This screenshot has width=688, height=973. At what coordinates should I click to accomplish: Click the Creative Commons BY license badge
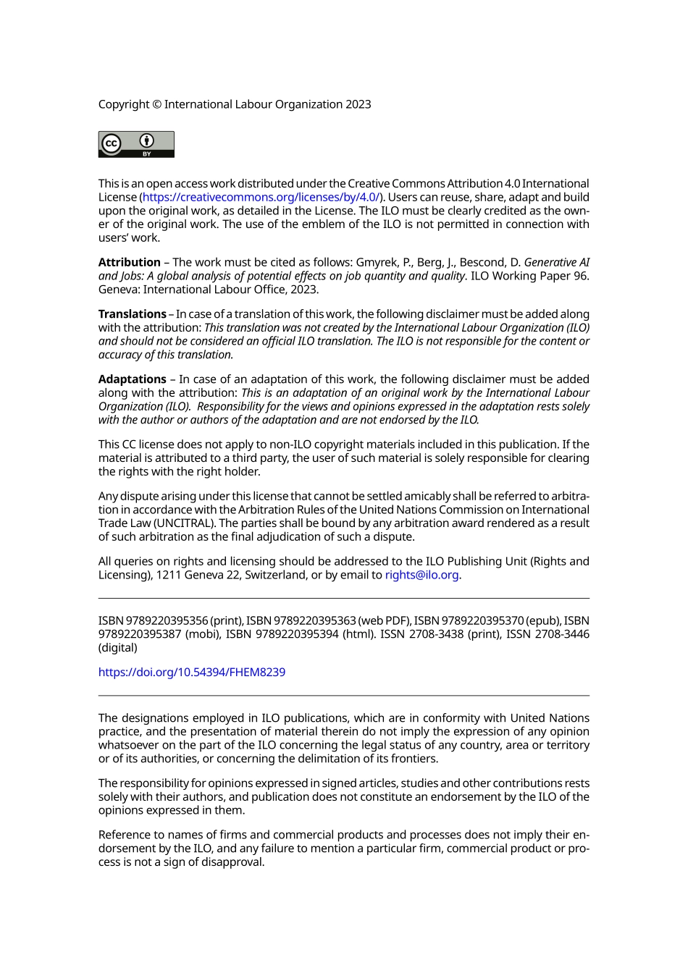[136, 144]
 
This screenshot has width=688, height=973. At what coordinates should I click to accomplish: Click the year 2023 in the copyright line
[358, 104]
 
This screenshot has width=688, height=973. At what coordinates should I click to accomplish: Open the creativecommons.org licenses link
[261, 197]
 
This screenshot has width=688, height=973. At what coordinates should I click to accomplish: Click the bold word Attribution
[129, 262]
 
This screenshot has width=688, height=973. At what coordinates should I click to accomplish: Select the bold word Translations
[132, 314]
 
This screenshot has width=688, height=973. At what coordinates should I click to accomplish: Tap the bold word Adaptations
[132, 379]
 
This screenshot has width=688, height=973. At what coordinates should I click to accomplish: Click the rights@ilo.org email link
[421, 575]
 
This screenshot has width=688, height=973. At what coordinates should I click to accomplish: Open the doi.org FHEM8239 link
[192, 672]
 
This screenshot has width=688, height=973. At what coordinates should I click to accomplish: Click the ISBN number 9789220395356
[167, 621]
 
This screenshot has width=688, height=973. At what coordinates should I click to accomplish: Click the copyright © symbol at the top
[156, 104]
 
